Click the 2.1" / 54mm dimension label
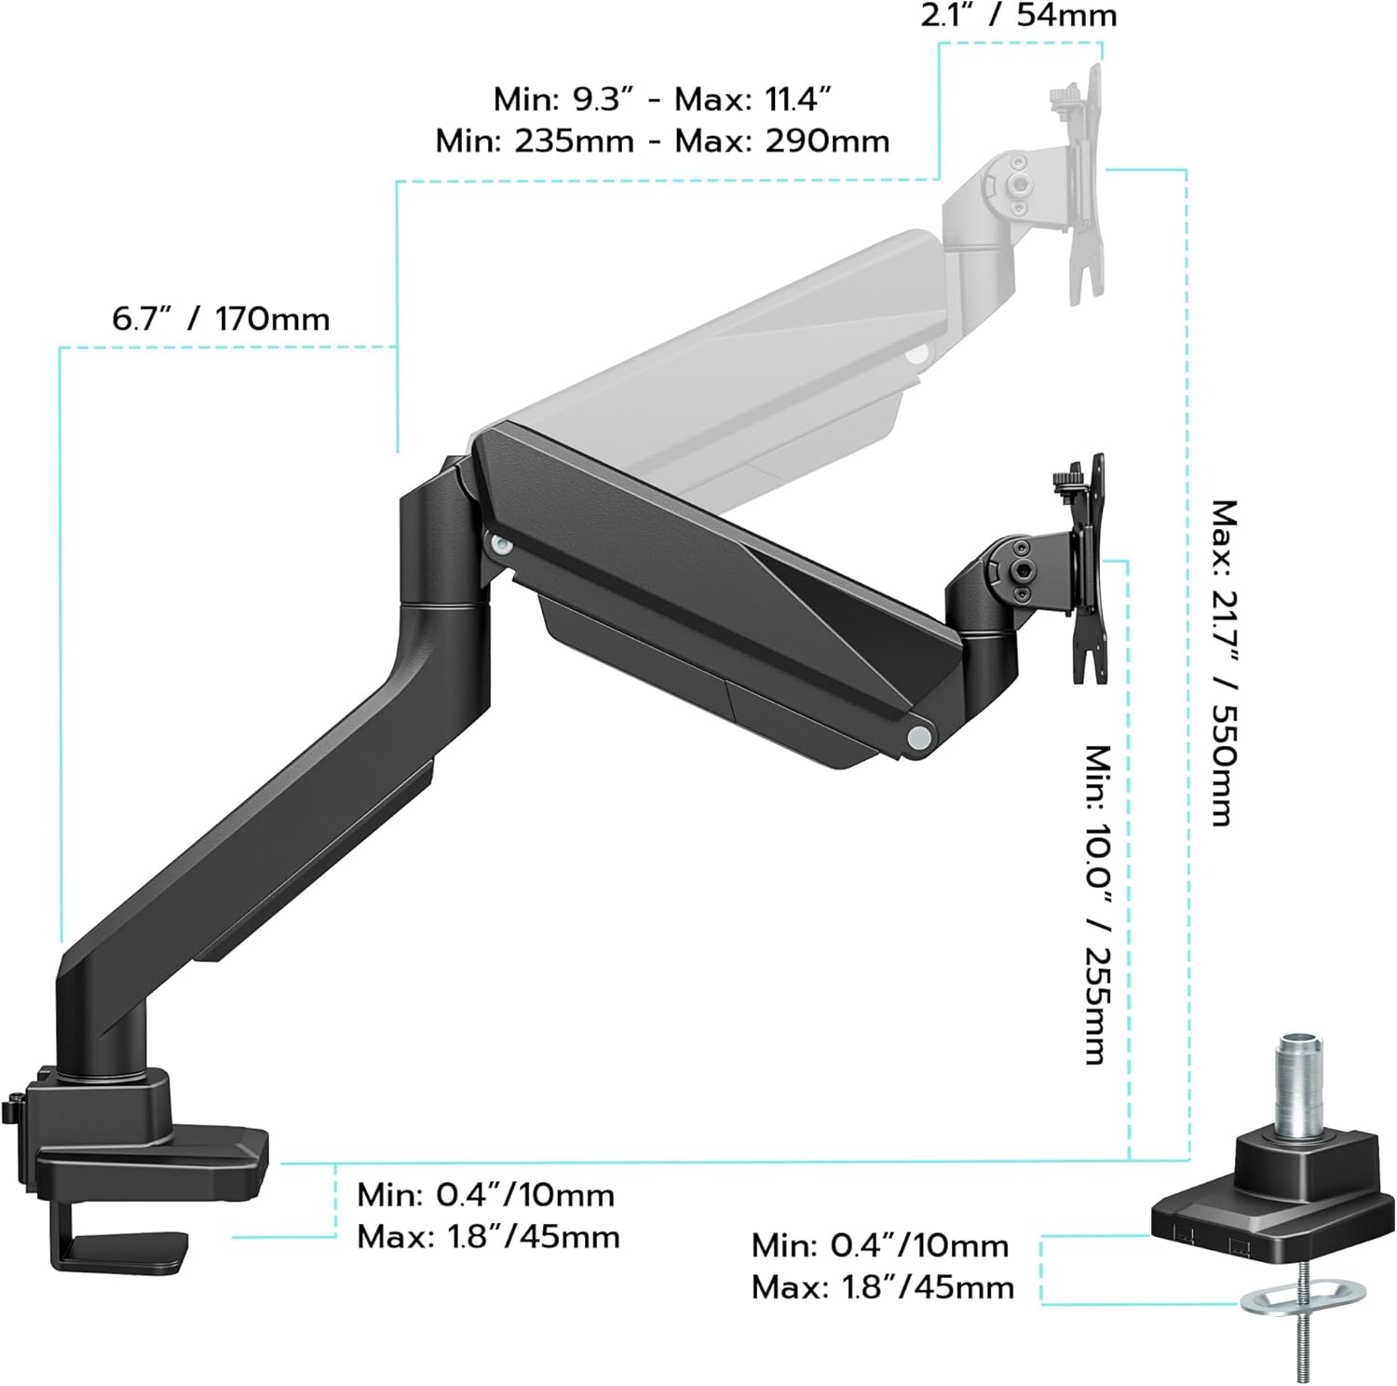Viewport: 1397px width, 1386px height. tap(1018, 15)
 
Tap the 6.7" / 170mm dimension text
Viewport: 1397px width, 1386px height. tap(221, 319)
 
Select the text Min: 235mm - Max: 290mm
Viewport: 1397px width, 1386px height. tap(662, 141)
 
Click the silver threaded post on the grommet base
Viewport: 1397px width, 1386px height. tap(1295, 1084)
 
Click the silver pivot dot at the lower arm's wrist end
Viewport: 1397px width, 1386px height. tap(918, 736)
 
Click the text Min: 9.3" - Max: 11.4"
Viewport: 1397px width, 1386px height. tap(662, 99)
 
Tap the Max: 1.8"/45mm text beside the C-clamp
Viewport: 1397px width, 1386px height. tap(488, 1237)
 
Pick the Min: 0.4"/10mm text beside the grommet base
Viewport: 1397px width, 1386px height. tap(880, 1245)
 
